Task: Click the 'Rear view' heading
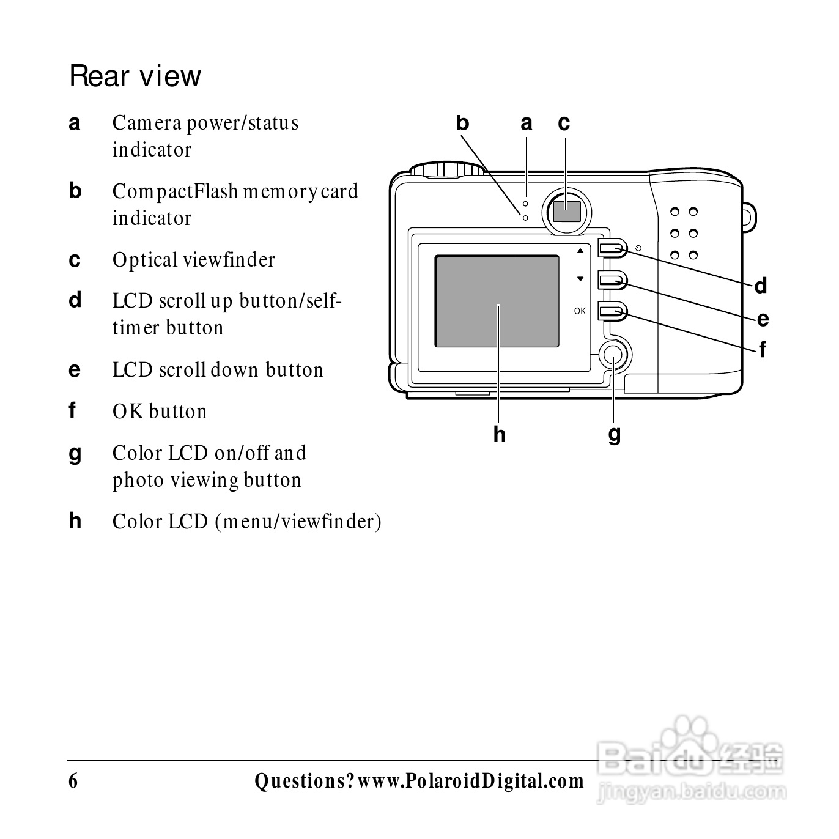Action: pos(135,76)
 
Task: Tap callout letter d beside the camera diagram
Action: pos(760,286)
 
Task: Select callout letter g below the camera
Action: pos(615,435)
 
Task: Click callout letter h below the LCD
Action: pos(500,434)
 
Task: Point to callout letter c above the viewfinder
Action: pos(564,124)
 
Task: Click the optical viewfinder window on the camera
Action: pos(567,211)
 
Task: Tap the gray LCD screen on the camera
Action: pos(497,301)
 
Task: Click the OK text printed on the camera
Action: pos(580,311)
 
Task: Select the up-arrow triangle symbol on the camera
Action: pos(580,251)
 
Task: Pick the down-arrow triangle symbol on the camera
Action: pos(580,279)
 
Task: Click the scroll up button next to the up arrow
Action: pos(612,248)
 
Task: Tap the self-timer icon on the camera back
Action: pos(638,248)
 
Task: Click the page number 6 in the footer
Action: pos(73,781)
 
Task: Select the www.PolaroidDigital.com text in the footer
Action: pos(470,781)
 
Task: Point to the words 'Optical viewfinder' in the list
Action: pos(193,260)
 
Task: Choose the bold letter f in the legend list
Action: pos(73,411)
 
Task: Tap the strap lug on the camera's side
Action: pos(749,217)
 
